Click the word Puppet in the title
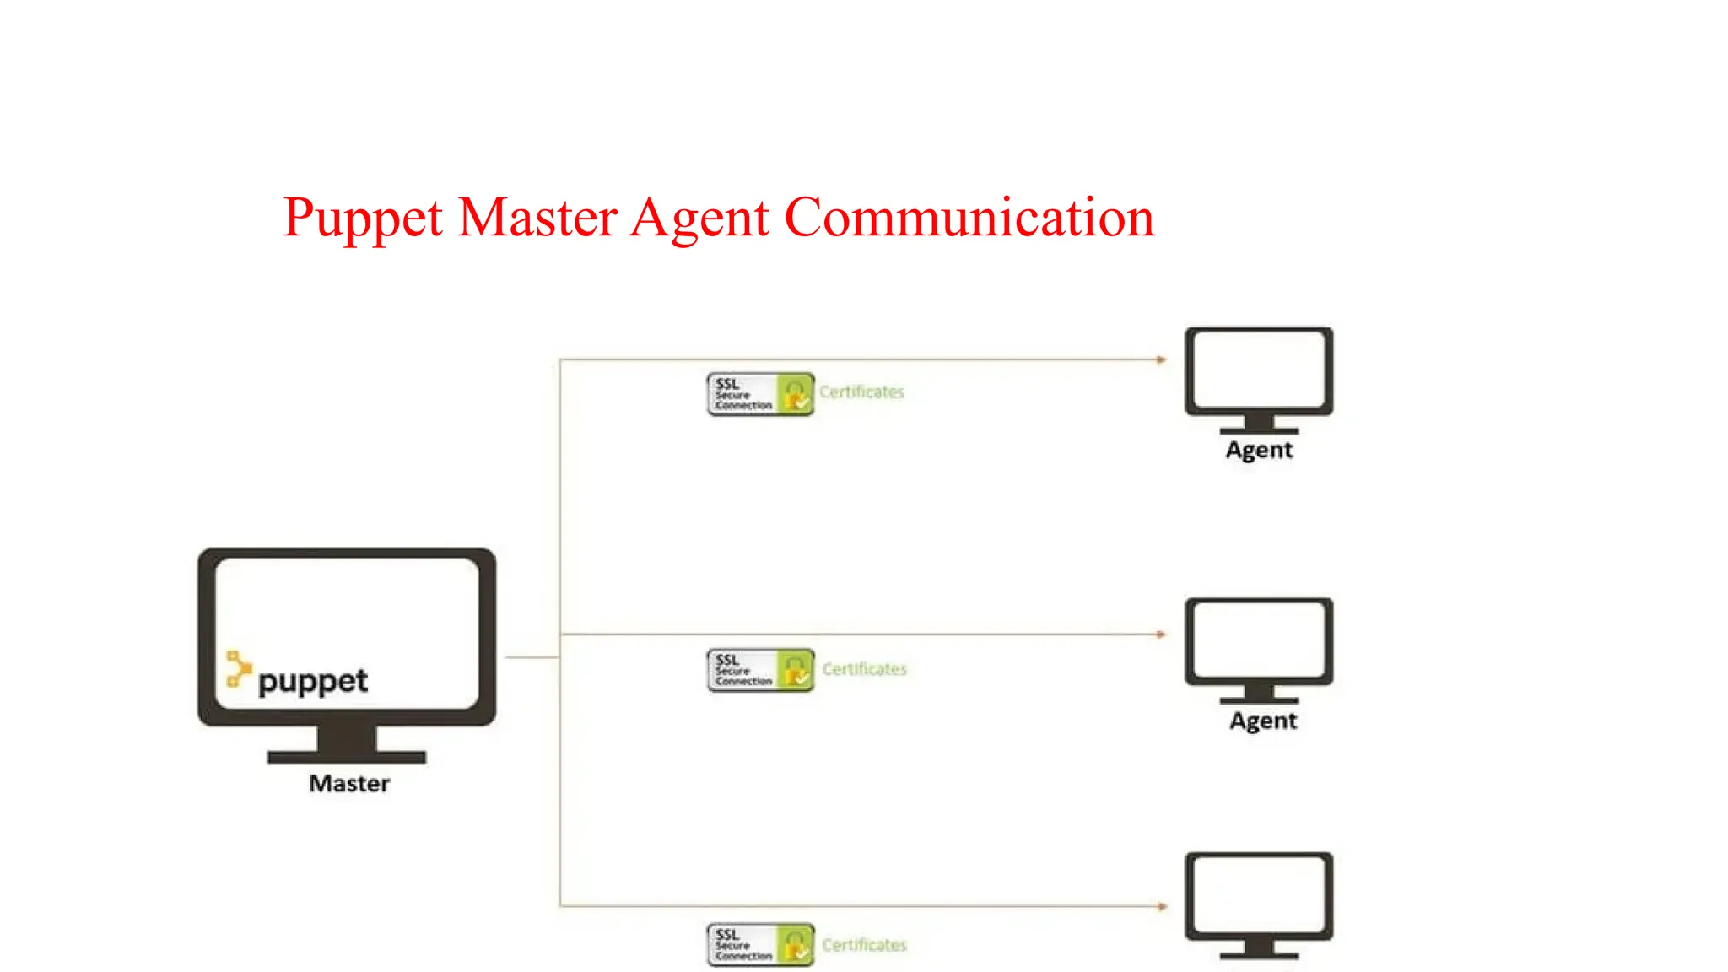(x=363, y=218)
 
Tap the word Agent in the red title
(x=699, y=218)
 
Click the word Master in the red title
(x=537, y=218)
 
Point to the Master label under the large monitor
(x=349, y=784)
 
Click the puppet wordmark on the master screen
(x=313, y=682)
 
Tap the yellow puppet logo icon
(x=238, y=668)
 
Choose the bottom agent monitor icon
(x=1259, y=903)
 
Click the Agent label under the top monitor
(x=1259, y=451)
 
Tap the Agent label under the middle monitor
(x=1262, y=721)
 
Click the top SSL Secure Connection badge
(x=760, y=394)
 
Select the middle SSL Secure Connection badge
(x=760, y=670)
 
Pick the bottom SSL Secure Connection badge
(x=760, y=945)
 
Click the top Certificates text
(x=861, y=392)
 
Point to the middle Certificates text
(x=864, y=669)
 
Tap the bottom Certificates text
(x=864, y=945)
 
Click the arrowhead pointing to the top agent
(x=1161, y=359)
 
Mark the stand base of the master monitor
(x=347, y=757)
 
